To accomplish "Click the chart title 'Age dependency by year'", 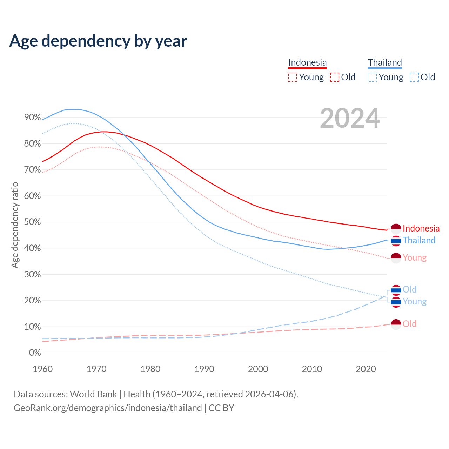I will pos(98,41).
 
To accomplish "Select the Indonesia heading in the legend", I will pos(307,62).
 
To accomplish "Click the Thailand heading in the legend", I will pos(384,62).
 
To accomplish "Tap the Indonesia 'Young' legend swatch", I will pos(293,77).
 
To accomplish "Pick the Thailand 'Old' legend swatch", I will pos(414,77).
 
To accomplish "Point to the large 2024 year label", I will pos(350,118).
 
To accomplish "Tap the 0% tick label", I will pos(35,353).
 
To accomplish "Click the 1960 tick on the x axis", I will pos(42,369).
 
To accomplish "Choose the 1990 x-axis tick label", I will pos(204,369).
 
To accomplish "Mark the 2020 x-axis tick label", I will pos(366,369).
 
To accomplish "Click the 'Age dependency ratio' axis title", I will pos(15,225).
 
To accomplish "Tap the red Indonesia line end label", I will pos(421,229).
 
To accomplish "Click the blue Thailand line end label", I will pos(419,241).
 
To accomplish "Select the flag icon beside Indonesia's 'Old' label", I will pos(396,324).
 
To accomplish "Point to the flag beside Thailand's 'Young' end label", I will pos(396,302).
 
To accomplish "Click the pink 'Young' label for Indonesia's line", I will pos(415,258).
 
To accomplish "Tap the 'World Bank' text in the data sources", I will pos(93,394).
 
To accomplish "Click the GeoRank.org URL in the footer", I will pos(108,408).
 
